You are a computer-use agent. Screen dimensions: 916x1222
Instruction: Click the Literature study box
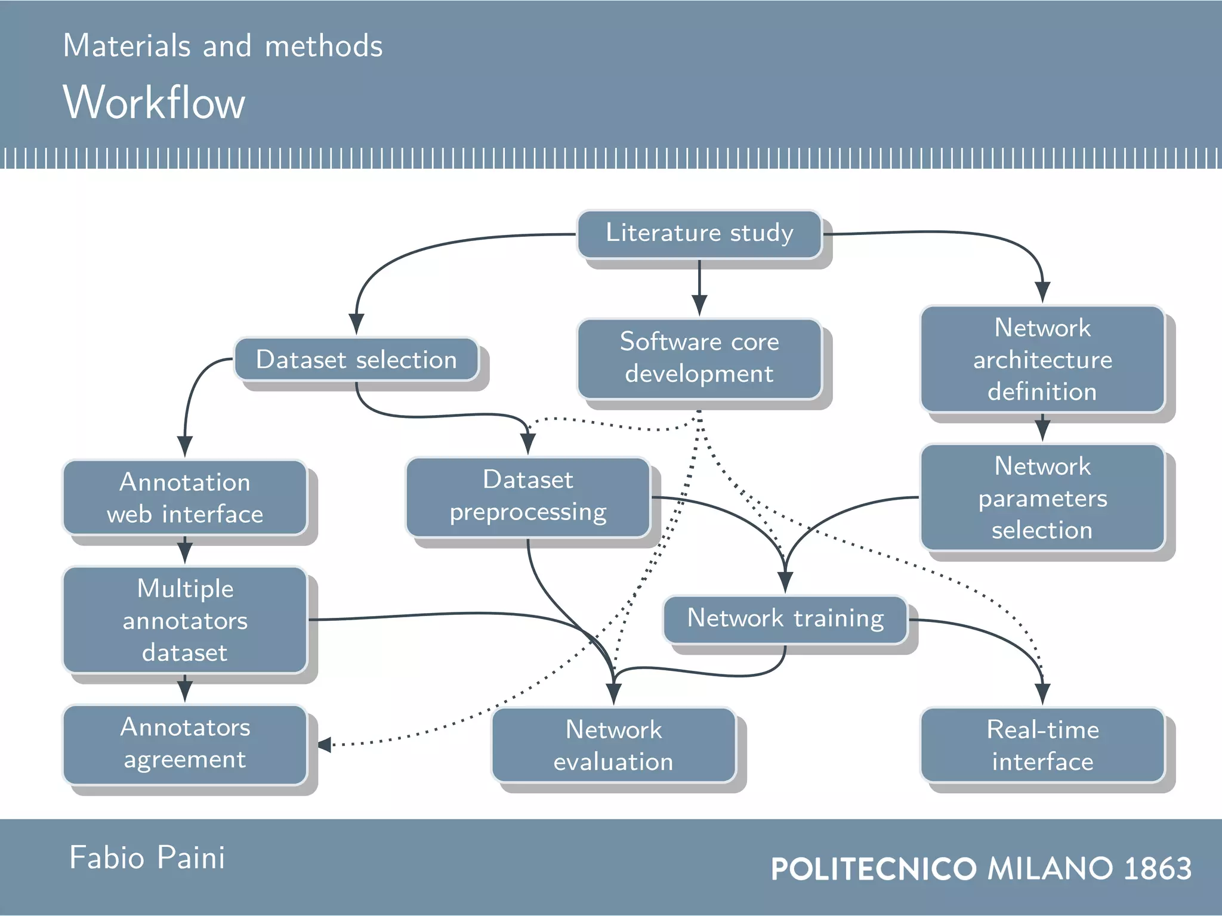pos(699,234)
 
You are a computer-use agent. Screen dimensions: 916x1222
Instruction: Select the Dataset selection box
pos(356,360)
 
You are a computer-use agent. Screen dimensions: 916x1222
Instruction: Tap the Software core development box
pos(699,358)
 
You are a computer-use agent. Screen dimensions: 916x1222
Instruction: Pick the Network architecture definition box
pos(1042,360)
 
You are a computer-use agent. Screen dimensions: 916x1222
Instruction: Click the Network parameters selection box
pos(1042,498)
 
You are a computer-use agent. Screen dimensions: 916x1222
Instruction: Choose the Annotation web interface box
pos(185,498)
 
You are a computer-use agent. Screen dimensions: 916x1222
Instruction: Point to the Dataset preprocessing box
pos(528,497)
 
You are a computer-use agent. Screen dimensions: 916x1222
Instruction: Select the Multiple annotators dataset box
pos(185,620)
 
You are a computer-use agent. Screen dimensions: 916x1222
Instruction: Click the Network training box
pos(785,619)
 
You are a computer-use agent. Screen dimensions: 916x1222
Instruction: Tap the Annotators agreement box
pos(185,744)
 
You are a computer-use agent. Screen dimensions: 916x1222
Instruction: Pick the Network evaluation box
pos(613,745)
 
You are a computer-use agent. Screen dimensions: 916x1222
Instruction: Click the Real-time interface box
pos(1042,745)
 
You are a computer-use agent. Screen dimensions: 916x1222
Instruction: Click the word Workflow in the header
pos(154,103)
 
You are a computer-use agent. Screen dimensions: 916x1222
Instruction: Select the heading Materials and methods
pos(223,46)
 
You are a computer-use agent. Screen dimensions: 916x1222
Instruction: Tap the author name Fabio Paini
pos(147,858)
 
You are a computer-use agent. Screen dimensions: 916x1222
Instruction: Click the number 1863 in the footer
pos(1157,868)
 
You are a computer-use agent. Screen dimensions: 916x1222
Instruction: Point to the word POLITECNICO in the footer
pos(874,869)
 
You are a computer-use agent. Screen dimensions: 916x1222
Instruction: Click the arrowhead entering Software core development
pos(699,305)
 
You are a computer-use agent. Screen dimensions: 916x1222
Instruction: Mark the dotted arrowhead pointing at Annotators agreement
pos(325,745)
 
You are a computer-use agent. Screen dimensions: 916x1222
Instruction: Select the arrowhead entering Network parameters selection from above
pos(1042,431)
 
